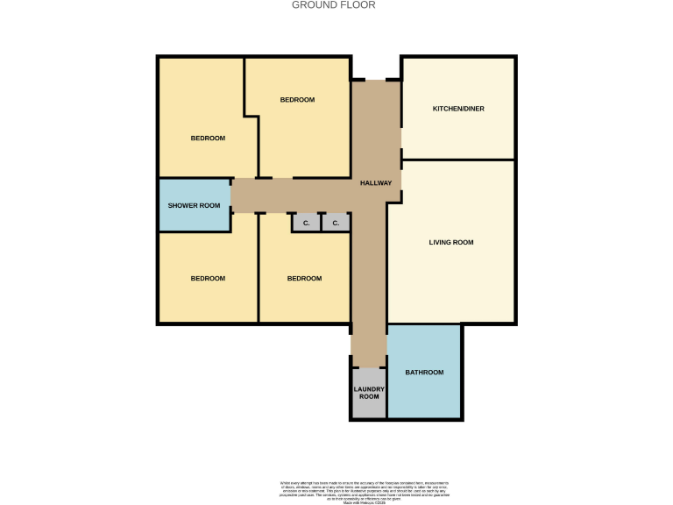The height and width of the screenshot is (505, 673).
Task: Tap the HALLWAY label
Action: tap(376, 183)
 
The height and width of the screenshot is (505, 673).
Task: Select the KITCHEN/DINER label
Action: tap(458, 109)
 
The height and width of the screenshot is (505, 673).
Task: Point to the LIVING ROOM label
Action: tap(450, 242)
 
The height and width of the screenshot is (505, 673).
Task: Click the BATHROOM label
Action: tap(424, 373)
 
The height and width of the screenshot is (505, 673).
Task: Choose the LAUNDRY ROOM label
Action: tap(368, 393)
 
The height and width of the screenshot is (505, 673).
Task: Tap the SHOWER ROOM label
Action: tap(194, 205)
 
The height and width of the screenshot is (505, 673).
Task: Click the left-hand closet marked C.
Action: tap(306, 224)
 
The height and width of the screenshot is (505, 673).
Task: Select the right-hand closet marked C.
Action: tap(335, 224)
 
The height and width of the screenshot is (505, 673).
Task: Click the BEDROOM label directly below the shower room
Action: tap(208, 279)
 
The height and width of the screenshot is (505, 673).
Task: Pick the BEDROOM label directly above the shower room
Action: tap(208, 139)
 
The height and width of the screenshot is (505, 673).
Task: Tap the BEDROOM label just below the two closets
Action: tap(304, 279)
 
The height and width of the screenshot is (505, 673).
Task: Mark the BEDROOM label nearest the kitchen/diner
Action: tap(297, 100)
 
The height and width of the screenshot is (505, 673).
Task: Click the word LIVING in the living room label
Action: tap(439, 242)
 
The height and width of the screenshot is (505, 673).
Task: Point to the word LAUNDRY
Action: tap(368, 388)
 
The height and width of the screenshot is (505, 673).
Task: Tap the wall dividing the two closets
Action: tap(321, 223)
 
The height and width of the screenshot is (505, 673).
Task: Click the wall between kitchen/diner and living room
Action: tap(457, 160)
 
